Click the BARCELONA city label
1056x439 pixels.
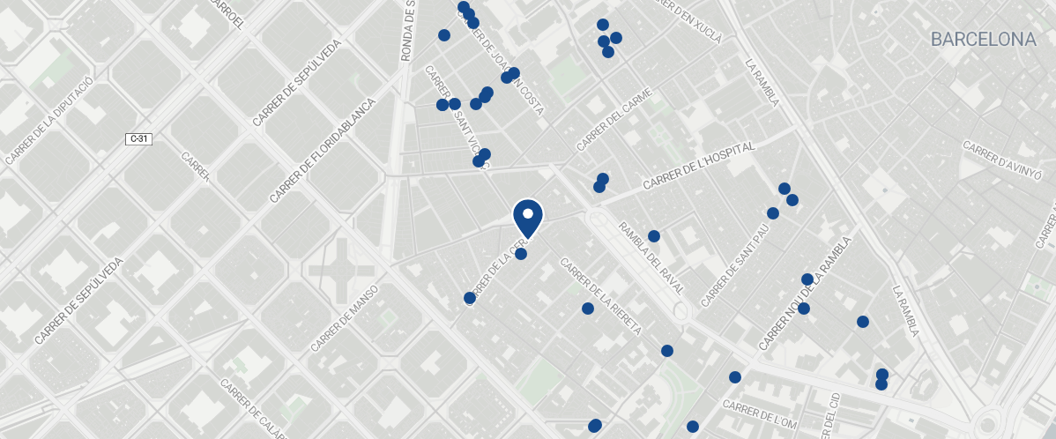pos(983,40)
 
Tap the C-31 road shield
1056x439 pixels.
pos(138,139)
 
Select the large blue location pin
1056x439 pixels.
pos(528,217)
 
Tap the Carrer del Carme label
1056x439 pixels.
pos(614,119)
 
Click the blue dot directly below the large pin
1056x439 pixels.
pos(521,254)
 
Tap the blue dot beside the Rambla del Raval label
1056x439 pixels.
pos(654,236)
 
